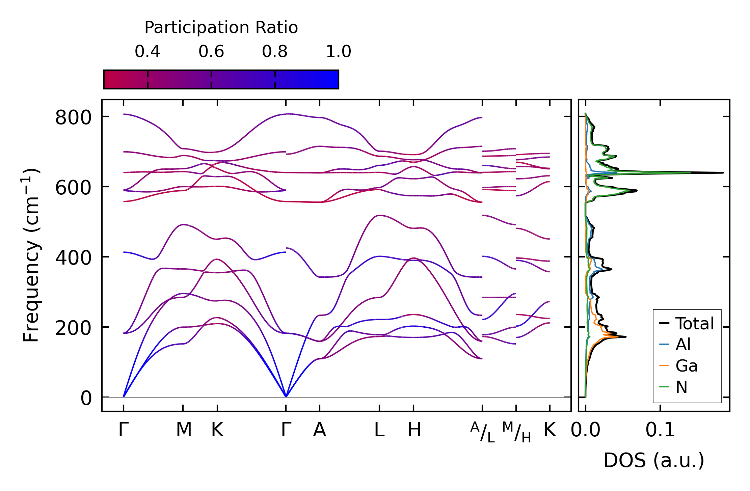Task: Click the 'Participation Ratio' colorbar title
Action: tap(221, 28)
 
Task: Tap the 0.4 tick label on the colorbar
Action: tap(148, 52)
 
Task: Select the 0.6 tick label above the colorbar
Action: tap(211, 52)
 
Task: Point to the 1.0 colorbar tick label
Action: tap(339, 52)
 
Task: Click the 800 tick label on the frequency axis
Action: tap(73, 118)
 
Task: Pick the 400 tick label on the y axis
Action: tap(73, 258)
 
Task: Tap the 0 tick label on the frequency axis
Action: tap(86, 399)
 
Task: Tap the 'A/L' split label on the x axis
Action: tap(483, 432)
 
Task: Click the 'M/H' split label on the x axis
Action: tap(516, 432)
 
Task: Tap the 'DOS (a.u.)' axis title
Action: tap(654, 460)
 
